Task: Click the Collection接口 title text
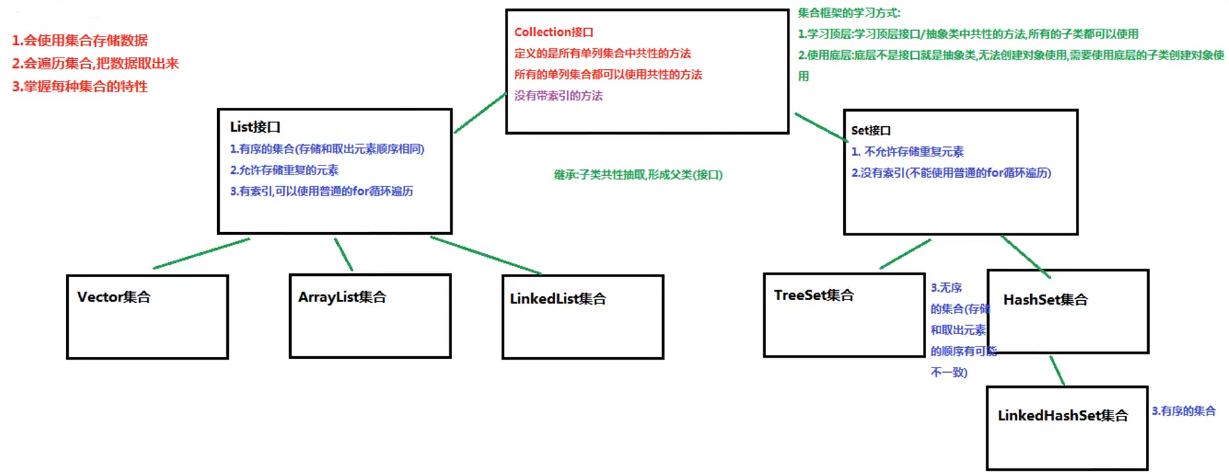tap(553, 32)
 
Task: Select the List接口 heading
tap(254, 127)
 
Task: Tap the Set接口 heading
tap(871, 131)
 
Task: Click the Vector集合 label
tap(114, 297)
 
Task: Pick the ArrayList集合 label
tap(342, 297)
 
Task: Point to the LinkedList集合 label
tap(558, 299)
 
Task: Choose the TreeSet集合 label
tap(814, 296)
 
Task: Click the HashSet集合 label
tap(1045, 300)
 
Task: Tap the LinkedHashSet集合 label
tap(1063, 416)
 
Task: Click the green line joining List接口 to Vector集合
tap(201, 254)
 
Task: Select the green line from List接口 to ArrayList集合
tap(343, 254)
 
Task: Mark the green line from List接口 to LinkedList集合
tap(485, 255)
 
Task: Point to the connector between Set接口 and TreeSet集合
tap(905, 254)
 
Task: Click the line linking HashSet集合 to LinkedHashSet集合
tap(1057, 370)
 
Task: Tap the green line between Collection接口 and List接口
tap(480, 113)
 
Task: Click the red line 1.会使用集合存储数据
tap(80, 41)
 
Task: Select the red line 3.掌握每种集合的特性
tap(80, 86)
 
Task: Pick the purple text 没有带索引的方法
tap(558, 96)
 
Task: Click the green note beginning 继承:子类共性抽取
tap(638, 175)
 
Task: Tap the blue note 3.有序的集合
tap(1183, 411)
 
